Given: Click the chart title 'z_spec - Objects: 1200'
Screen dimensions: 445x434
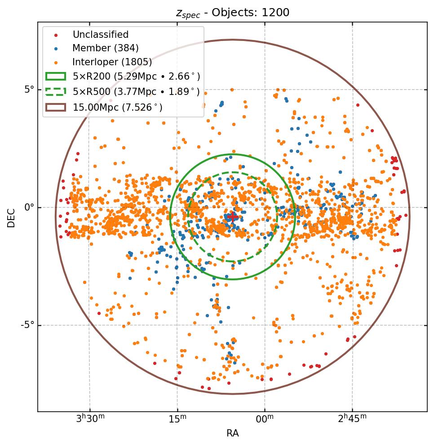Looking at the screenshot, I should [232, 13].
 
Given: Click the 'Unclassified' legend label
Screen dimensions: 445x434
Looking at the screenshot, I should [101, 35].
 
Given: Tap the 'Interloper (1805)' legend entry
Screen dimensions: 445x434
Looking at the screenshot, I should [112, 62].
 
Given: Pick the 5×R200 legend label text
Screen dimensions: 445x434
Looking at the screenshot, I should [136, 76].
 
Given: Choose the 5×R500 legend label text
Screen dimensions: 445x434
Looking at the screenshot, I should [136, 91].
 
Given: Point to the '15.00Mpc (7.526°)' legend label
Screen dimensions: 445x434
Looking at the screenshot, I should [118, 107].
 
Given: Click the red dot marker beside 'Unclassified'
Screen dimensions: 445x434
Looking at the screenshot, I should [55, 35].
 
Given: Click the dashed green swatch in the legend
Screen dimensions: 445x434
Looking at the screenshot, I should [55, 91].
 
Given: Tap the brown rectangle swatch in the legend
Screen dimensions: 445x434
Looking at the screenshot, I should [55, 107].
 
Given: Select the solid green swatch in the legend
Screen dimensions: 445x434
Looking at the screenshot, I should [55, 76].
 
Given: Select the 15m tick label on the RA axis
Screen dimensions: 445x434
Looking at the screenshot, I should [177, 418].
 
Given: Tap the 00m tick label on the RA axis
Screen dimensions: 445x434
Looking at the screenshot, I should [265, 418].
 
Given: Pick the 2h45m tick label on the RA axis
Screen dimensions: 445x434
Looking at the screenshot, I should [352, 418].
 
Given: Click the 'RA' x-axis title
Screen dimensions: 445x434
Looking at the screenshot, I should [232, 433].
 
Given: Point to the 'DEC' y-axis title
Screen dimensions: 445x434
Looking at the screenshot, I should [11, 217].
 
